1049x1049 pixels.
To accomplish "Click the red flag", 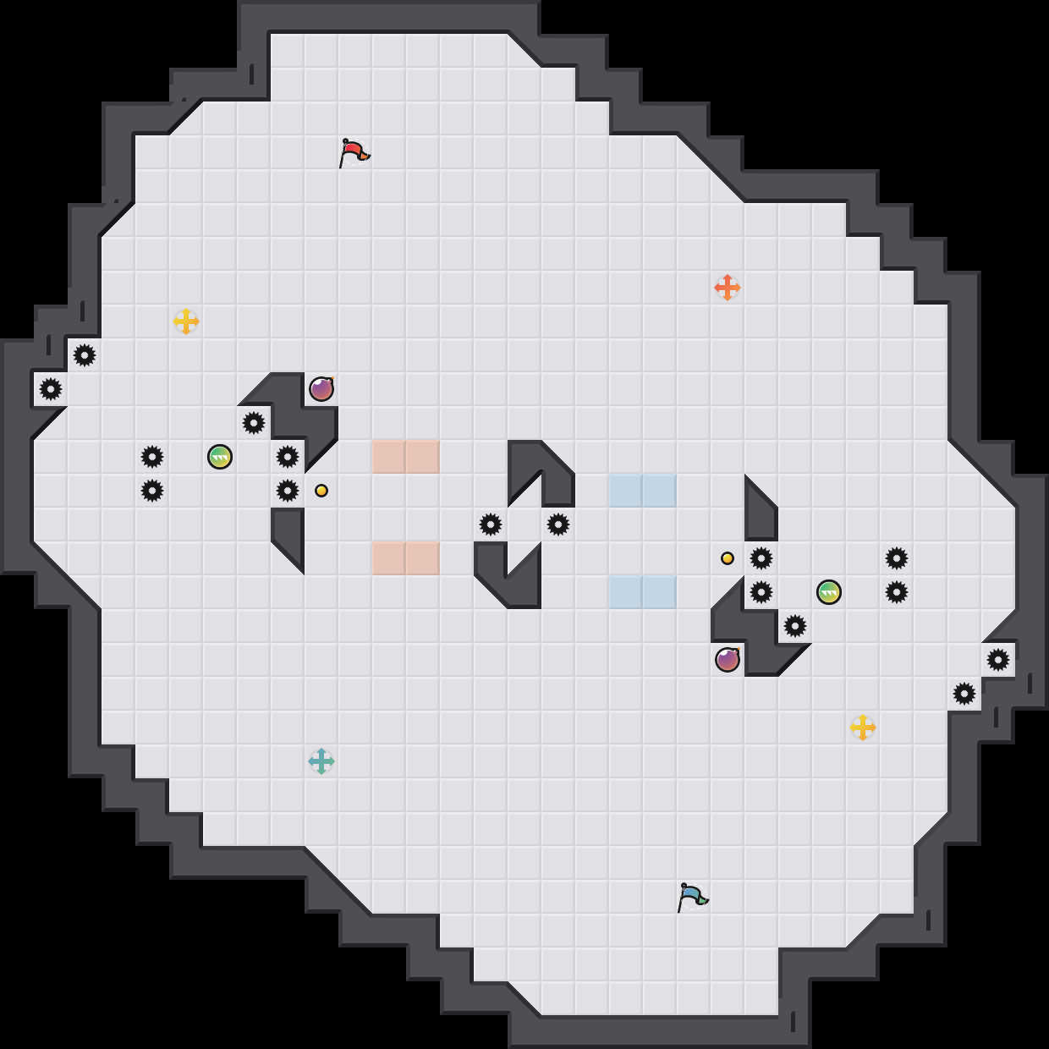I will pos(354,153).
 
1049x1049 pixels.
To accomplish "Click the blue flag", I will pos(692,897).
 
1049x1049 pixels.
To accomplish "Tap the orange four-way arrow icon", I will pos(728,288).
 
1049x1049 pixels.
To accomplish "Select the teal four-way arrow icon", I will pos(321,761).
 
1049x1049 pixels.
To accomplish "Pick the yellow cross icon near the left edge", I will pos(186,321).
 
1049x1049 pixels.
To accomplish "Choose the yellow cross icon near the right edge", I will pos(863,728).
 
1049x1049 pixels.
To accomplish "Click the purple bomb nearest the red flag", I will pos(321,389).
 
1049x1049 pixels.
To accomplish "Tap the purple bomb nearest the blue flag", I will pos(728,660).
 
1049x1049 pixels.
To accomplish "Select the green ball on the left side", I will pos(220,457).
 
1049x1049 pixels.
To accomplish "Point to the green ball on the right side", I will pos(829,592).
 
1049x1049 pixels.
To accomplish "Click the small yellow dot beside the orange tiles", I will pos(321,491).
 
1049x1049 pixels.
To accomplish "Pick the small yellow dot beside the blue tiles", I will pos(728,558).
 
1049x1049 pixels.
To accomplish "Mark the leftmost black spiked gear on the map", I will pos(51,389).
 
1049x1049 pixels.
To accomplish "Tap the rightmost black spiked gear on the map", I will pos(998,660).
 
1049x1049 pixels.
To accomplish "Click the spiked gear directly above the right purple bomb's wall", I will pos(795,626).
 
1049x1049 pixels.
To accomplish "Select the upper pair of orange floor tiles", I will pos(406,457).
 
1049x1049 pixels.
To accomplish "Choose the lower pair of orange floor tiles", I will pos(406,558).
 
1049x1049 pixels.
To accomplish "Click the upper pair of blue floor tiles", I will pos(643,491).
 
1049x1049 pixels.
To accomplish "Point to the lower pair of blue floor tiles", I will pos(643,592).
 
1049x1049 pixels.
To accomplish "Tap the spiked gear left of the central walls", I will pos(491,524).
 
